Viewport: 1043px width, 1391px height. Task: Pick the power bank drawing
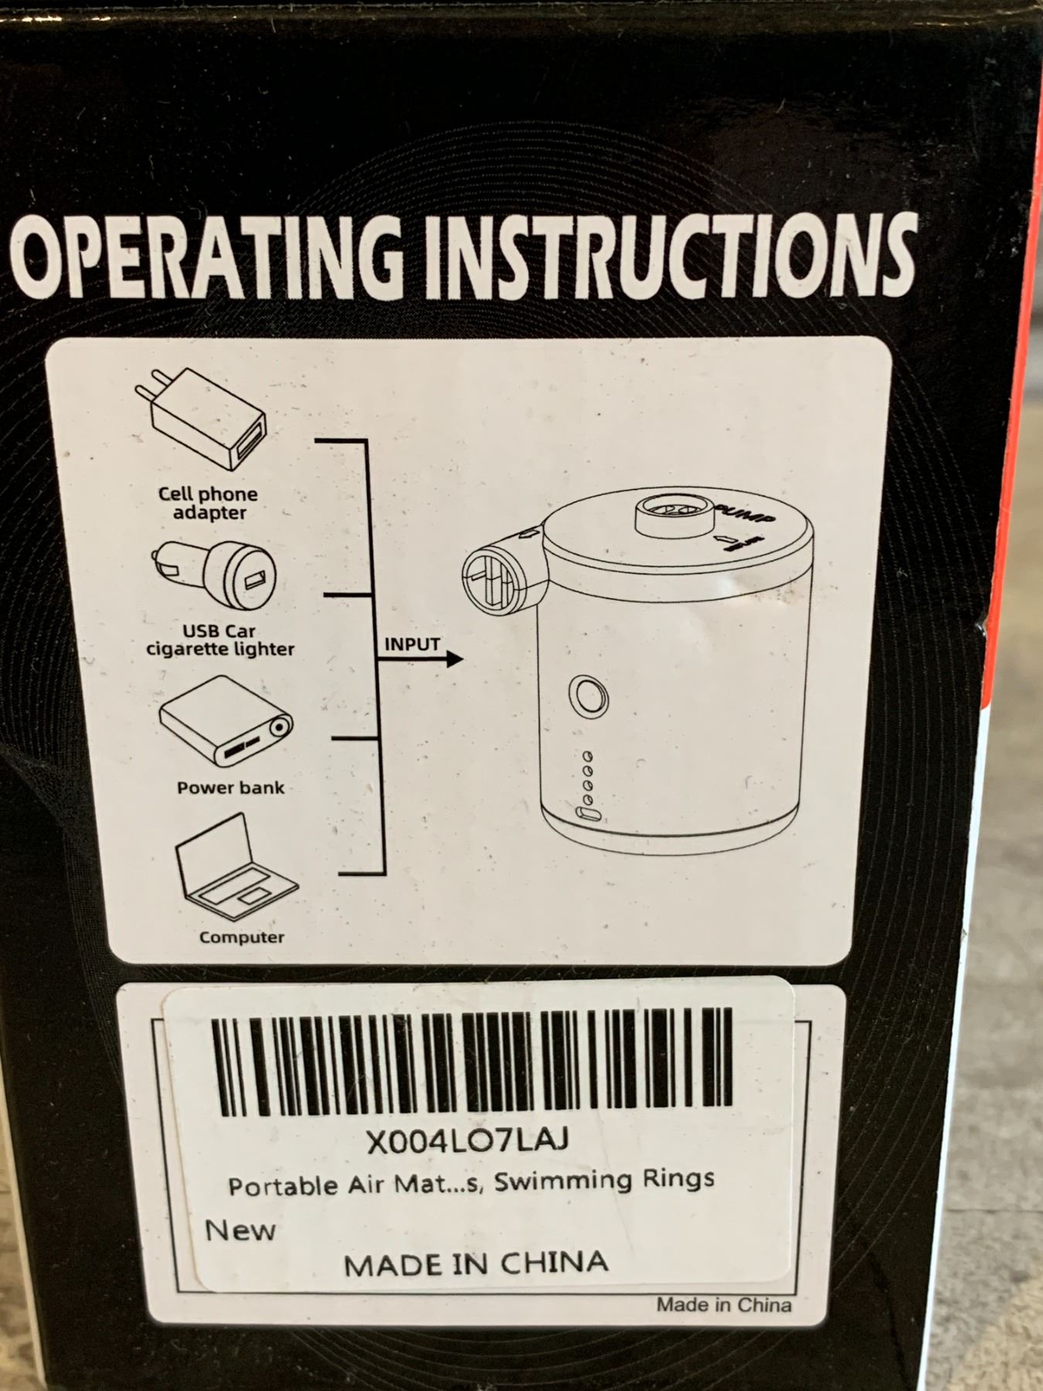pos(226,722)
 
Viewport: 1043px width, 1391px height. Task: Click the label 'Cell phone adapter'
pos(209,503)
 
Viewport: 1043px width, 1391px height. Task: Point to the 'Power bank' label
pos(231,788)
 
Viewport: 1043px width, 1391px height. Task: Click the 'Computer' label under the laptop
pos(242,937)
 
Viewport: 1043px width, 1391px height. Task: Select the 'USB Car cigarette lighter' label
pos(221,640)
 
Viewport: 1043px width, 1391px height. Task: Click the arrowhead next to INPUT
pos(454,659)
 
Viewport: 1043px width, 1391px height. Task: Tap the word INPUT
pos(413,644)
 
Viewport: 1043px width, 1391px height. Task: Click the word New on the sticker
pos(240,1229)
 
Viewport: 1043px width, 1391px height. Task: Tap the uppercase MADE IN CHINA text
pos(476,1263)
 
